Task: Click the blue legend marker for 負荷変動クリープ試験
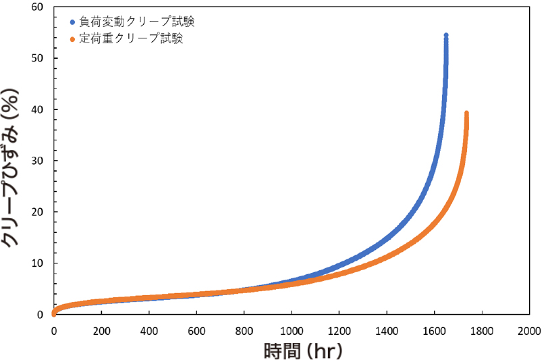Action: (x=72, y=21)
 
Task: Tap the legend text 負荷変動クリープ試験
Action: (x=137, y=21)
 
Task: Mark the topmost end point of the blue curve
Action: (x=446, y=35)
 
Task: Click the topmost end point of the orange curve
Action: (x=466, y=113)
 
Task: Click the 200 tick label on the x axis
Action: (x=101, y=331)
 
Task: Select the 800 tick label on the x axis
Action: (x=244, y=331)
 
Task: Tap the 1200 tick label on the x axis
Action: (x=339, y=331)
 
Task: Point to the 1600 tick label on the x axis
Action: (x=434, y=331)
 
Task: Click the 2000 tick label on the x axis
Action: (x=529, y=331)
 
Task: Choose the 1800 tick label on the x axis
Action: (x=482, y=331)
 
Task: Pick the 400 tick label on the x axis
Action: (x=148, y=331)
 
